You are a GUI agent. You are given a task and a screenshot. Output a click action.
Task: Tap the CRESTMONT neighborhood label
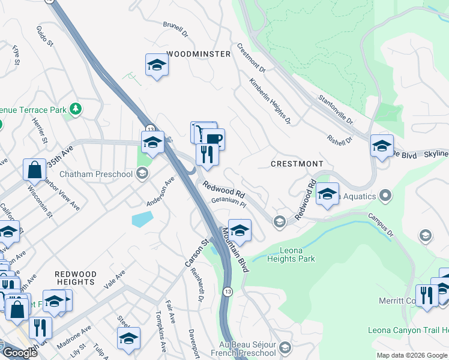click(x=297, y=164)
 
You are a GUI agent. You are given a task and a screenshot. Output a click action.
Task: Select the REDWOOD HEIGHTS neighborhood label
click(x=75, y=278)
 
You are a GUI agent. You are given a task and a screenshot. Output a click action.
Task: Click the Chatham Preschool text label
click(x=104, y=174)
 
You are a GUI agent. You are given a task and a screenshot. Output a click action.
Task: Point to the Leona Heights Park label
click(x=289, y=254)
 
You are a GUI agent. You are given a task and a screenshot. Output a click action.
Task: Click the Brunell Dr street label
click(x=175, y=29)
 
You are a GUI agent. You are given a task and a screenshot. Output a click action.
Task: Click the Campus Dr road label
click(x=378, y=225)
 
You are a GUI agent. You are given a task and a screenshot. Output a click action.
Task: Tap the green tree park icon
click(x=76, y=109)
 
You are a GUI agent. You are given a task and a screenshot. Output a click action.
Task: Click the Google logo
click(x=19, y=353)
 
